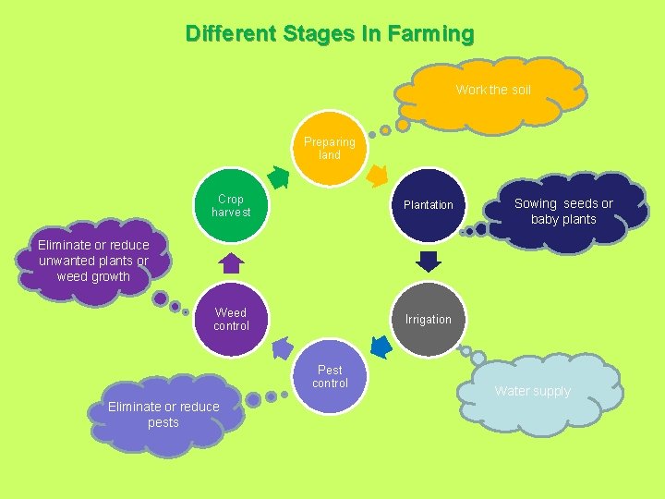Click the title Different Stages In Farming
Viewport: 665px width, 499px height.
click(330, 34)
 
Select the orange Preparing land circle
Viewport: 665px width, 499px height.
click(330, 149)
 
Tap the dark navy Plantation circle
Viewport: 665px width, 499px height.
click(428, 205)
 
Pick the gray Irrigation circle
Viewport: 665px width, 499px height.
click(428, 320)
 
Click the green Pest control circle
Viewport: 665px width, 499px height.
click(330, 377)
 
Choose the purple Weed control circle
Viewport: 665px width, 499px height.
click(231, 320)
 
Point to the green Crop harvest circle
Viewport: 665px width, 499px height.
click(231, 205)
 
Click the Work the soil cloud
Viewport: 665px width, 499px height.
click(492, 91)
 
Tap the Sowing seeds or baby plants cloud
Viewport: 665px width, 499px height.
click(563, 212)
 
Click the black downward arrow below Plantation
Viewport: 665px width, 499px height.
click(428, 262)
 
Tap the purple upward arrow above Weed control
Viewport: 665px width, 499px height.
click(231, 263)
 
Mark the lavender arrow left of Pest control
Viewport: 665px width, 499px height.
click(281, 348)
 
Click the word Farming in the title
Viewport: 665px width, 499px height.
click(430, 34)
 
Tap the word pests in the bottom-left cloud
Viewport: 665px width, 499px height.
click(163, 422)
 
